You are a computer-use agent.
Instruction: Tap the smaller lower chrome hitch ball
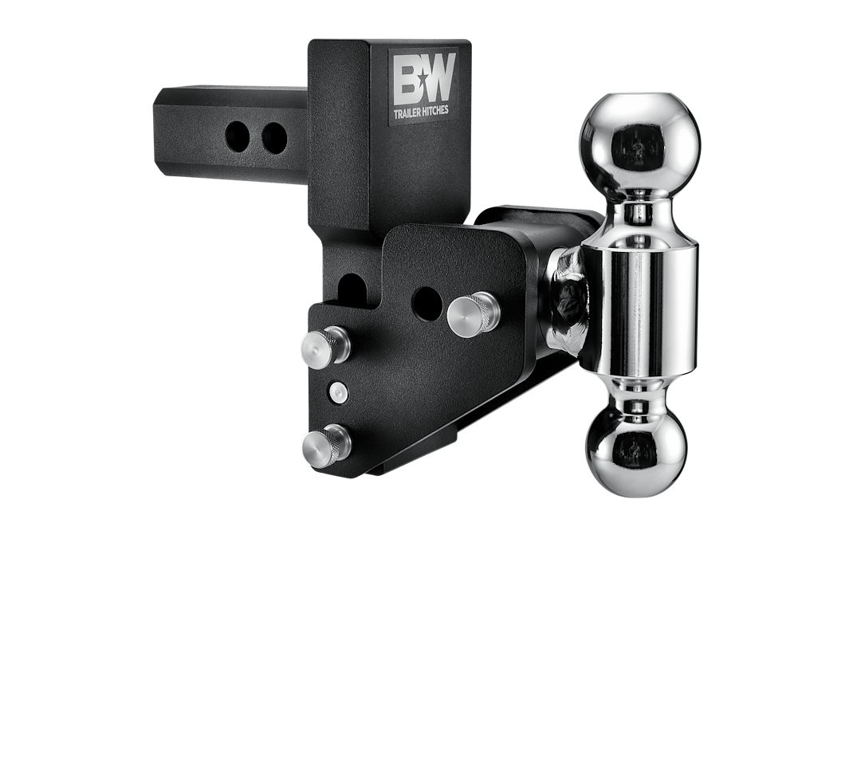[636, 450]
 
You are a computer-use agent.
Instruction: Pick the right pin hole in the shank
[273, 139]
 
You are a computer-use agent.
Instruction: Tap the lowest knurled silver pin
[326, 445]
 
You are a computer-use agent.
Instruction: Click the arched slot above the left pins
[352, 289]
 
